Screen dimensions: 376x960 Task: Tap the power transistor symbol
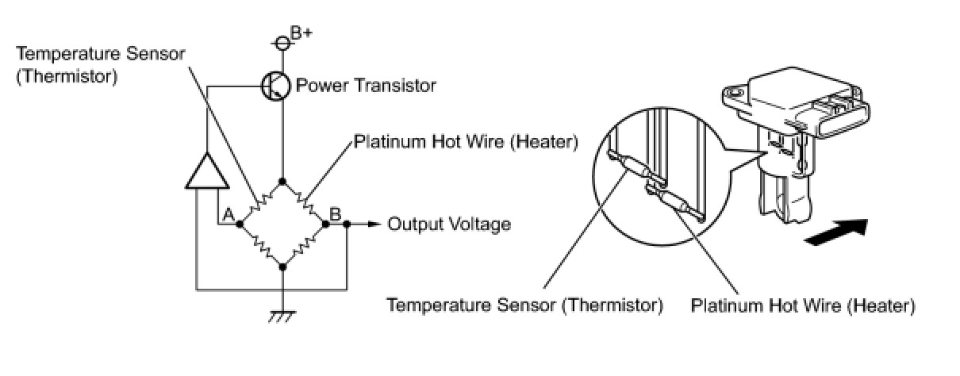coord(275,85)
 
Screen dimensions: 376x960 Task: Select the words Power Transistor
coord(366,85)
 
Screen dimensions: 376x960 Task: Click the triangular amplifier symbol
coord(205,171)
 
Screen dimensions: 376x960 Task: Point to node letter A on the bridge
coord(227,214)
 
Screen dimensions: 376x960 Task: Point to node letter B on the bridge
coord(336,213)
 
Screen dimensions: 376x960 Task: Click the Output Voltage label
coord(448,224)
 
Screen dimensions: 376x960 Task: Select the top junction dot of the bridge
coord(283,182)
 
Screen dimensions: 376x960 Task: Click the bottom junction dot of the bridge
coord(283,267)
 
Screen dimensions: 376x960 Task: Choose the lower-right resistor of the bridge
coord(305,246)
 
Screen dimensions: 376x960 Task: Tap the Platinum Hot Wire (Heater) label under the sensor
coord(803,305)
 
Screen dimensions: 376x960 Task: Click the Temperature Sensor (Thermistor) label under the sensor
coord(524,305)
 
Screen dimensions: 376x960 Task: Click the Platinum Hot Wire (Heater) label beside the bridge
coord(466,142)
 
